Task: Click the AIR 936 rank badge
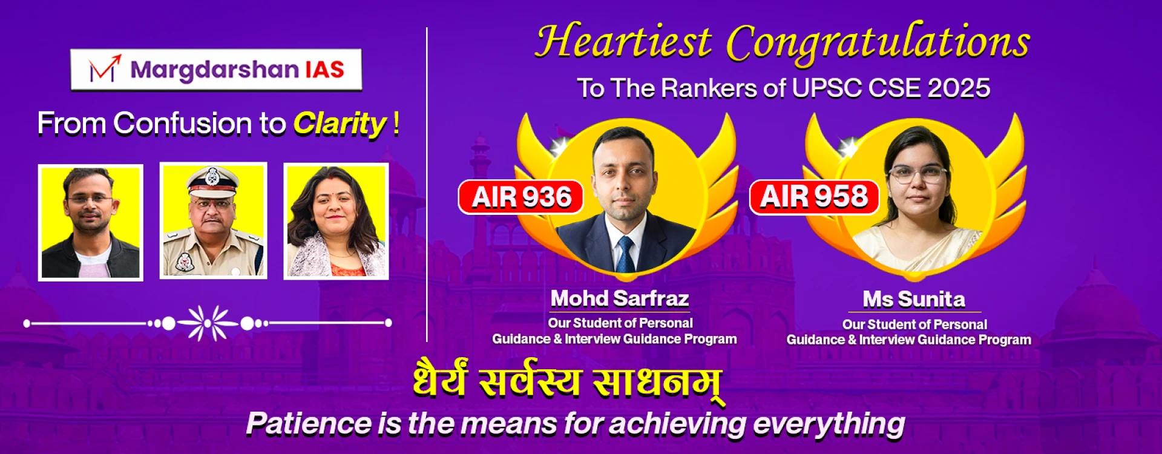click(x=520, y=197)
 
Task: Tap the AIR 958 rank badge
click(x=814, y=197)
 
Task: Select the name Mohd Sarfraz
click(x=620, y=298)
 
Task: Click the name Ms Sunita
click(x=914, y=299)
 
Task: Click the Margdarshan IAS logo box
click(x=216, y=70)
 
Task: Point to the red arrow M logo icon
click(x=105, y=68)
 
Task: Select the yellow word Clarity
click(x=340, y=124)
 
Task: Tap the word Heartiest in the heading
click(x=623, y=42)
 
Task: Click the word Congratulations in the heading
click(x=878, y=44)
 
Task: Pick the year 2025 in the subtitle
click(x=959, y=88)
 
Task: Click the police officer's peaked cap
click(x=212, y=180)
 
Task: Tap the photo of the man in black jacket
click(x=91, y=223)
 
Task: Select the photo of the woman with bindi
click(x=336, y=222)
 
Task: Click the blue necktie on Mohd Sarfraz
click(x=625, y=254)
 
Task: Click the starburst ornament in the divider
click(x=208, y=323)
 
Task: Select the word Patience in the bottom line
click(x=309, y=423)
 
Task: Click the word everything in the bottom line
click(x=829, y=424)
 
